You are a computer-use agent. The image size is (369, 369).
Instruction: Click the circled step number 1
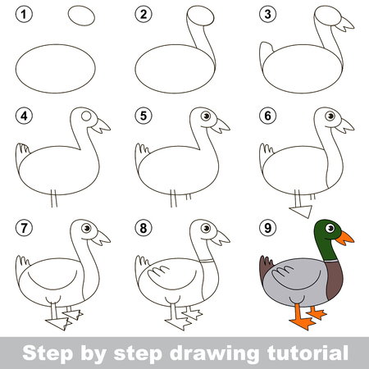pyautogui.click(x=24, y=14)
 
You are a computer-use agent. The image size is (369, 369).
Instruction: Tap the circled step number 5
pyautogui.click(x=143, y=116)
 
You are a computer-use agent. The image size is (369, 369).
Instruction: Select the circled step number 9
pyautogui.click(x=267, y=228)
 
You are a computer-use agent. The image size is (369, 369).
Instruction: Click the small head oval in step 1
pyautogui.click(x=81, y=16)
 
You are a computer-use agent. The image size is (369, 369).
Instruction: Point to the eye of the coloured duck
pyautogui.click(x=330, y=228)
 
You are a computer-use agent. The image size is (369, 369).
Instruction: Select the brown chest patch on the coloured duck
pyautogui.click(x=335, y=280)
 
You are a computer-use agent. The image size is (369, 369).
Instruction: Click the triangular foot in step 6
pyautogui.click(x=302, y=211)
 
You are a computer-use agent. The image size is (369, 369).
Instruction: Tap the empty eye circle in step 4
pyautogui.click(x=86, y=116)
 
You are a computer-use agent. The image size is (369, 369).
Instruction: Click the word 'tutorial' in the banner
pyautogui.click(x=307, y=353)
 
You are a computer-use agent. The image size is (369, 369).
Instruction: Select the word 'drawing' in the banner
pyautogui.click(x=214, y=354)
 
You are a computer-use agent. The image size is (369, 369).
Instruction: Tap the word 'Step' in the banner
pyautogui.click(x=48, y=354)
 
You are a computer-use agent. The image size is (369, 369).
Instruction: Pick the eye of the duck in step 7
pyautogui.click(x=86, y=228)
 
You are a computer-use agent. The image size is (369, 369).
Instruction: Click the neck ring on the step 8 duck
pyautogui.click(x=207, y=261)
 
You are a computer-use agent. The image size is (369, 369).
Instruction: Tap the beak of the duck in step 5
pyautogui.click(x=221, y=125)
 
